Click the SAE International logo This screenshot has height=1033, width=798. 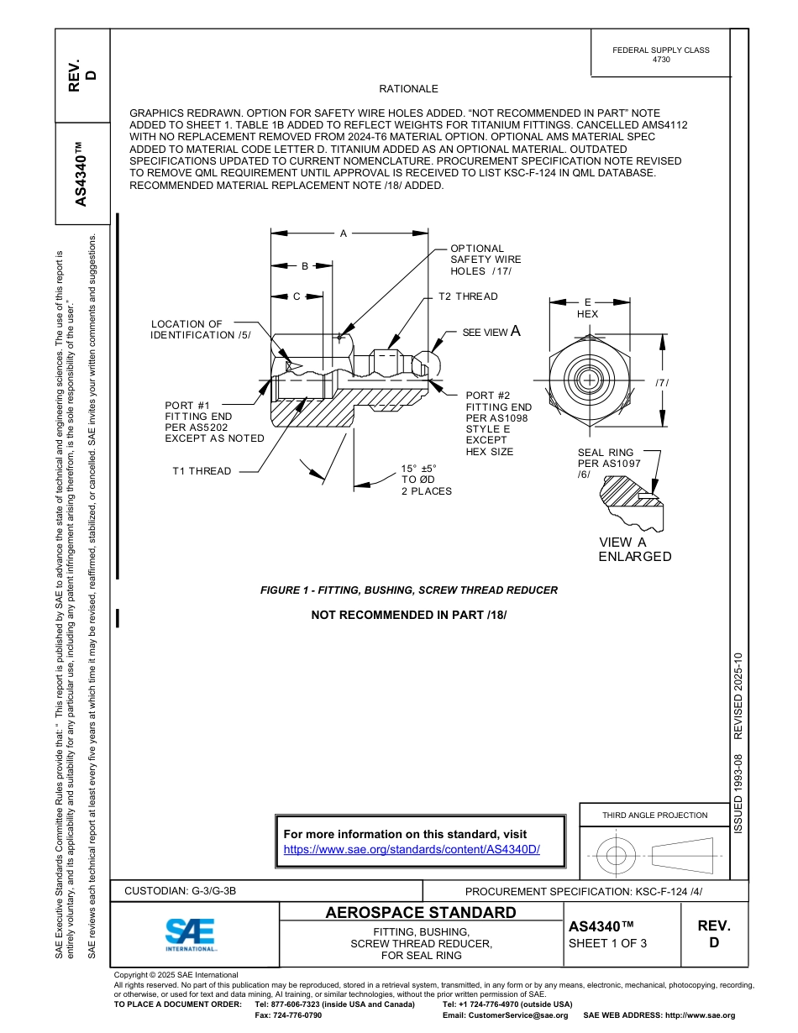191,933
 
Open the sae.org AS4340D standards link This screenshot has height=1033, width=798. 412,849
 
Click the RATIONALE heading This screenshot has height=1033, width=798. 408,89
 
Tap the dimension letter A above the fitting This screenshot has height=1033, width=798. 344,233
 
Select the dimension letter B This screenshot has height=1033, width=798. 305,266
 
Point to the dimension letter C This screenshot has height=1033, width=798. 297,296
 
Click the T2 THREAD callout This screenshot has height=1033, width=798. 468,296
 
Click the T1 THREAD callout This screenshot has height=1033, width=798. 202,471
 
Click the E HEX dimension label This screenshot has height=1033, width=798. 588,307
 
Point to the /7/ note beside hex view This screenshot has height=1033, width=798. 662,383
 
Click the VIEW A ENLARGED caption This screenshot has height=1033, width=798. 634,549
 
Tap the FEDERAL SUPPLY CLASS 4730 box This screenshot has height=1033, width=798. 660,55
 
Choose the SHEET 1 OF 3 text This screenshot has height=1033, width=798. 607,942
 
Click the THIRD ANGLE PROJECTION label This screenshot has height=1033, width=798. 654,815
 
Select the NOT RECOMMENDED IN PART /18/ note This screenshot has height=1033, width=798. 408,615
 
